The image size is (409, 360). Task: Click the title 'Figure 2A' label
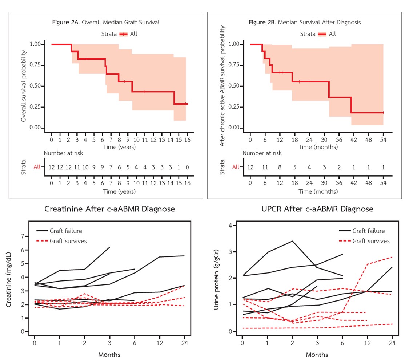(67, 22)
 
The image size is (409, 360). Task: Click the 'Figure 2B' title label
(262, 22)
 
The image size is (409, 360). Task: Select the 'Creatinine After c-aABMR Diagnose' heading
(109, 209)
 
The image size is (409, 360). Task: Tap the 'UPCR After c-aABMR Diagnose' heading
(317, 209)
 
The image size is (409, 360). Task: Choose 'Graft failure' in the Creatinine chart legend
(66, 231)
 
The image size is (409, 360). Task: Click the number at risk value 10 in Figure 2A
(85, 167)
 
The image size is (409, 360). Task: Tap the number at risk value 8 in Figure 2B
(280, 167)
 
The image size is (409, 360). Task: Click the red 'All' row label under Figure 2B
(236, 167)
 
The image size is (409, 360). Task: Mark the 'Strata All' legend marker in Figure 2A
(124, 34)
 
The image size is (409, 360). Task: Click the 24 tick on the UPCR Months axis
(393, 343)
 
